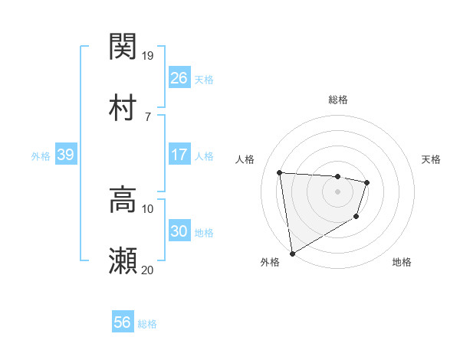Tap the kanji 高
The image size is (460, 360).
(x=123, y=199)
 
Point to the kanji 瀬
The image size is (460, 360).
(x=123, y=260)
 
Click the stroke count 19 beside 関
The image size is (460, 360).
(x=148, y=55)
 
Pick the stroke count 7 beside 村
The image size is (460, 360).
(x=147, y=116)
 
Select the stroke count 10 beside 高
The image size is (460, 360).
(x=148, y=208)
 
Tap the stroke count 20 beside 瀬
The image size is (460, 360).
(x=148, y=270)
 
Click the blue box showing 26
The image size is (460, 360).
(x=179, y=77)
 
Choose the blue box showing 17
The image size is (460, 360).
(x=179, y=155)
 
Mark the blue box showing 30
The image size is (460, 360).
(x=179, y=231)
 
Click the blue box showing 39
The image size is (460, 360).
(x=65, y=155)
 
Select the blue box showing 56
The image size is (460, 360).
(x=122, y=322)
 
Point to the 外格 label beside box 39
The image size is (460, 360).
(x=41, y=156)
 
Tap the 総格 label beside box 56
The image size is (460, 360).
(x=147, y=324)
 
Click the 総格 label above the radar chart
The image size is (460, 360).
(x=338, y=100)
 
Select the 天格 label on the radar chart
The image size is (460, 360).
(x=432, y=159)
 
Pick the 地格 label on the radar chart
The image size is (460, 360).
(x=402, y=263)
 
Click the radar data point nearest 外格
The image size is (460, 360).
(x=291, y=253)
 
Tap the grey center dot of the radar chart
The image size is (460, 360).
(x=337, y=191)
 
